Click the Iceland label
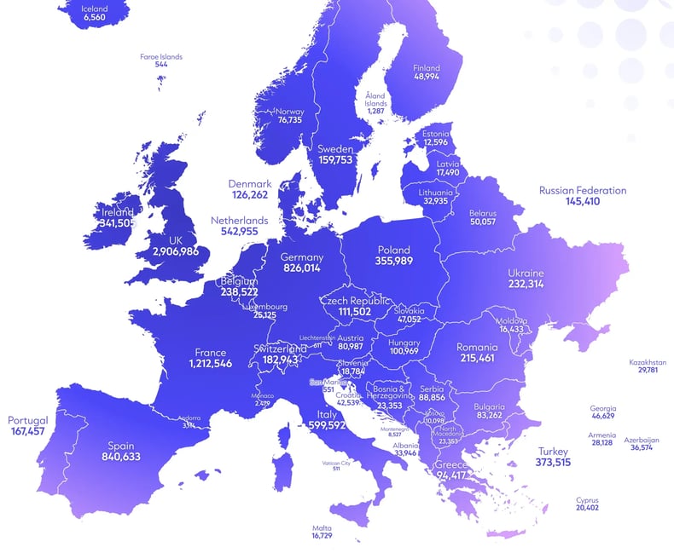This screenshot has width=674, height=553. pos(95,9)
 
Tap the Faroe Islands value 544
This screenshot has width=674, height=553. pos(161,65)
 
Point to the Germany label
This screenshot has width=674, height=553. pos(303,256)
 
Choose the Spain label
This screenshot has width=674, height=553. pos(120,445)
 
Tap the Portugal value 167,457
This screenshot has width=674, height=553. pos(28,432)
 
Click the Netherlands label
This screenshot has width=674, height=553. pos(239,220)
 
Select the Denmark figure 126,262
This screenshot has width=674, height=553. pos(249,195)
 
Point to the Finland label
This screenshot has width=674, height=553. pos(427,67)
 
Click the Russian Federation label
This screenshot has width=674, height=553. pos(582,191)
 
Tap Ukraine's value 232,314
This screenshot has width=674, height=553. pos(526,284)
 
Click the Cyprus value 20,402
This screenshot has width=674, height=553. pos(587,508)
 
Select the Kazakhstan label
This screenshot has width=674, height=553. pos(648,361)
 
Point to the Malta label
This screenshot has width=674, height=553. pos(322,527)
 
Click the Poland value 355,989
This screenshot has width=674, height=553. pos(393,262)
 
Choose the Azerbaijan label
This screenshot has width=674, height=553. pos(642,440)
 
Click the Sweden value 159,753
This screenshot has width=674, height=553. pos(335,160)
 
